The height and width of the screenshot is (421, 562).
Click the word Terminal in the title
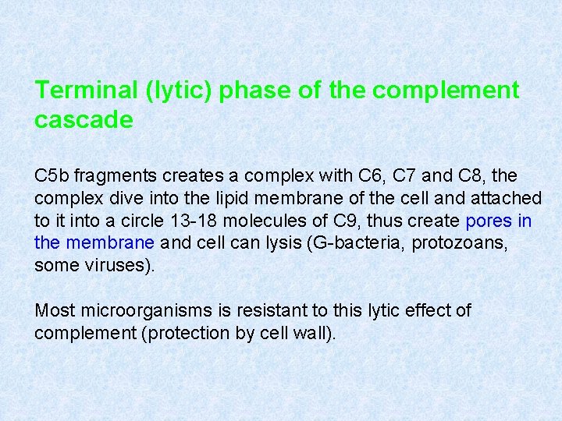pos(86,90)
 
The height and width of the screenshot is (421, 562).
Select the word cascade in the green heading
pos(84,120)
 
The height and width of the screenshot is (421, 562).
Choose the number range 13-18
pos(181,221)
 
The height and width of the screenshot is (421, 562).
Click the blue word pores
pos(489,221)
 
